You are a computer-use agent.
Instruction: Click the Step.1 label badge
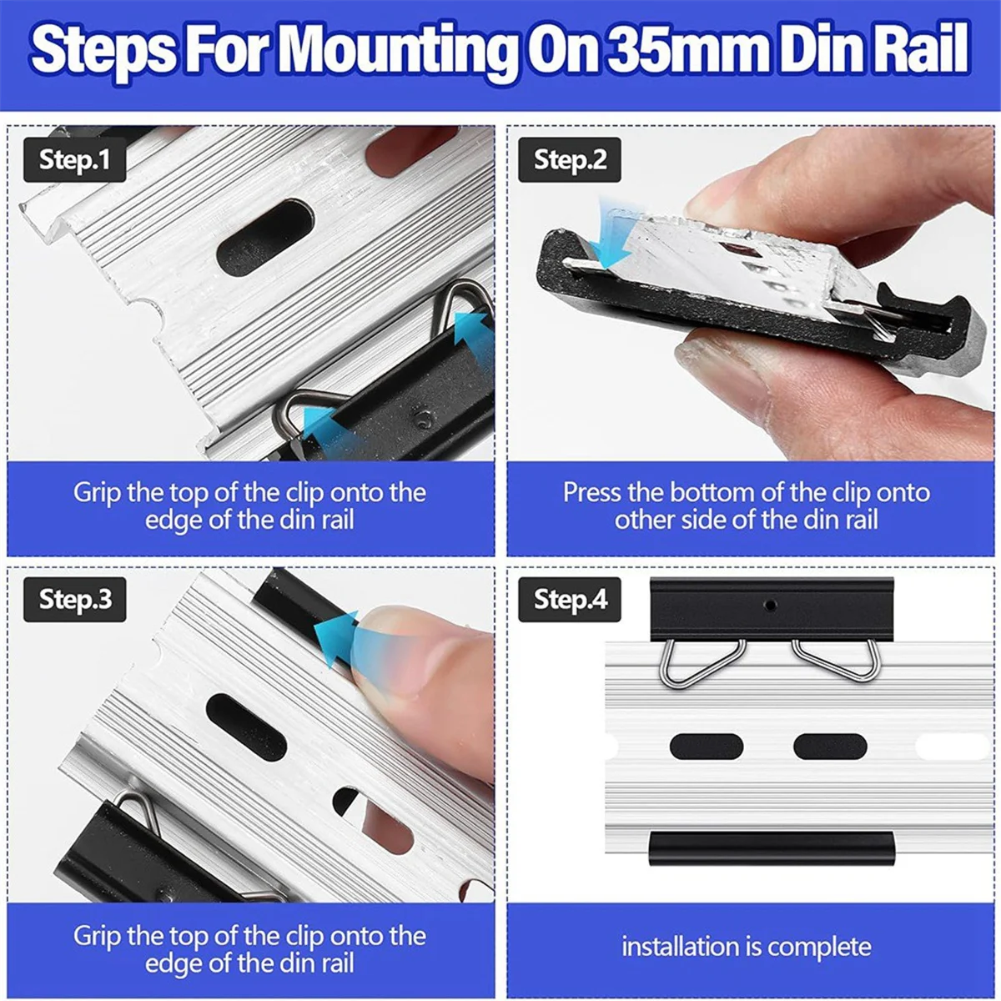(x=75, y=159)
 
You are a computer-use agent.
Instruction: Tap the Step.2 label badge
(x=570, y=159)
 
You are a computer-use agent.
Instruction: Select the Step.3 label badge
(x=75, y=600)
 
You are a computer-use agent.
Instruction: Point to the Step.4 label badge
(x=570, y=600)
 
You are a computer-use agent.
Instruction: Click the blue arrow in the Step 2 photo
(x=613, y=233)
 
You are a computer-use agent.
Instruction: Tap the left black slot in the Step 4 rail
(x=707, y=747)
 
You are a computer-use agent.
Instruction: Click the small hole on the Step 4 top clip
(x=771, y=605)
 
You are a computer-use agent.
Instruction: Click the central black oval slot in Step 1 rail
(x=265, y=236)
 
